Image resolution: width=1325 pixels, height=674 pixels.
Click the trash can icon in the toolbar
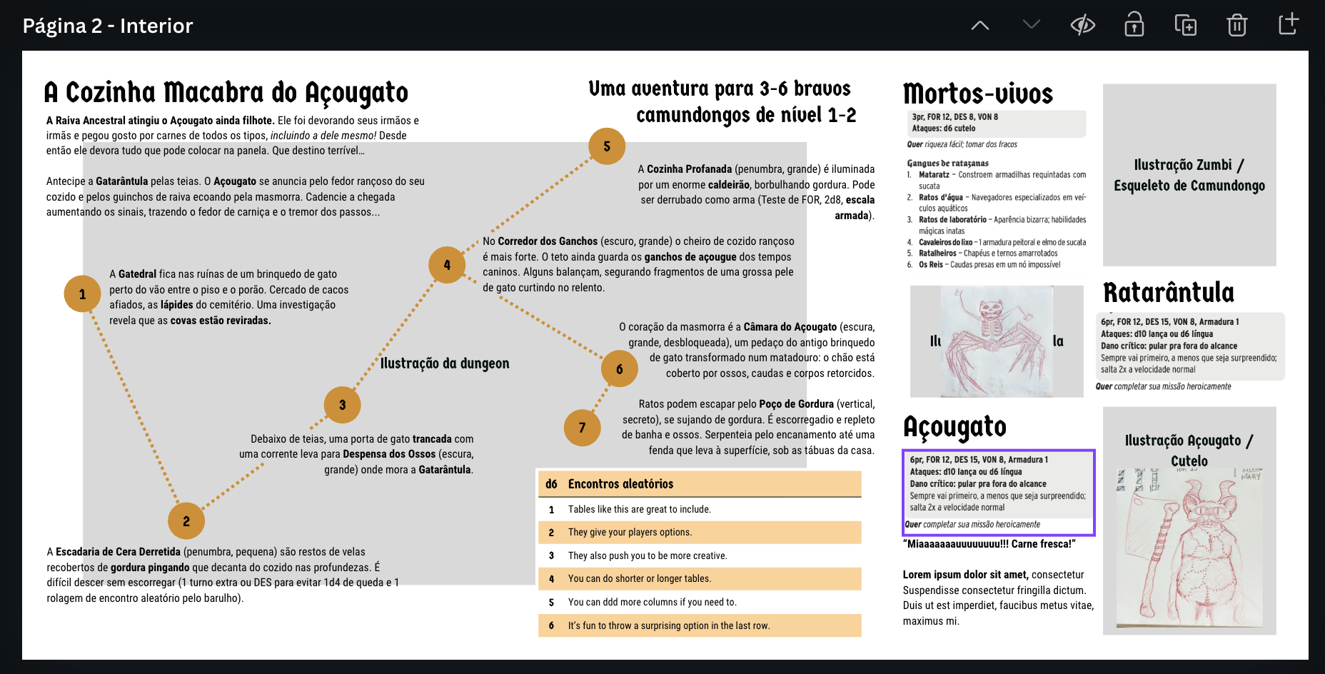click(1236, 25)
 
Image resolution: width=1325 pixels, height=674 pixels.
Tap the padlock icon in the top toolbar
click(1134, 25)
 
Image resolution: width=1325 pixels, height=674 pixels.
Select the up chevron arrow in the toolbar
click(980, 25)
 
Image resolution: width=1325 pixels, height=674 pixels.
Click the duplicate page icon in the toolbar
click(1185, 25)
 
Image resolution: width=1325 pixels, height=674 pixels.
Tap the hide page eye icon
click(1082, 25)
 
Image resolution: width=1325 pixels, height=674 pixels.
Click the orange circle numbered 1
click(82, 294)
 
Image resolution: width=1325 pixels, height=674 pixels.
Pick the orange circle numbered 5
click(607, 146)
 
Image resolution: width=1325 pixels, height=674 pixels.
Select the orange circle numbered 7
click(582, 428)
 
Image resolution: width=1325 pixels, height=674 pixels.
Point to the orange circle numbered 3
click(342, 405)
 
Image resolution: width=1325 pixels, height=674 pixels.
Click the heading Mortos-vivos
click(977, 94)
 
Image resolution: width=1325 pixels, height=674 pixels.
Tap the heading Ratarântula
click(1168, 293)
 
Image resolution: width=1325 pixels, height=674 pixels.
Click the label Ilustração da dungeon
click(445, 363)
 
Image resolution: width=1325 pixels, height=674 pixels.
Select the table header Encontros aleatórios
click(620, 484)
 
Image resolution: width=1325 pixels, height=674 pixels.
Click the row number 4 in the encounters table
click(551, 579)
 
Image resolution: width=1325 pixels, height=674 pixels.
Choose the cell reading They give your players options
click(630, 533)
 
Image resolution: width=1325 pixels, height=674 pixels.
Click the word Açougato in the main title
click(356, 93)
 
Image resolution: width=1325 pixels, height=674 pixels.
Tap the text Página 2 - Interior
click(108, 26)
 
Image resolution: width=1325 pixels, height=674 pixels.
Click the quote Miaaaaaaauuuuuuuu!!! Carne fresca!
click(989, 544)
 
